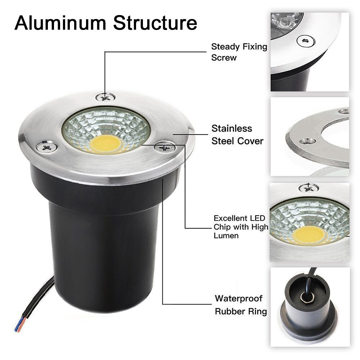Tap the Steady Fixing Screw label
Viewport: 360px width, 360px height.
(239, 52)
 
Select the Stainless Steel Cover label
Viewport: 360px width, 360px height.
(237, 135)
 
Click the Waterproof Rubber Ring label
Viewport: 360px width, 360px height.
(241, 305)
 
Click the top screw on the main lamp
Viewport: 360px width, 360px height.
(105, 96)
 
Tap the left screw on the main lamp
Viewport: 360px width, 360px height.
(46, 146)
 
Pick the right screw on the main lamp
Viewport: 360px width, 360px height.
(165, 147)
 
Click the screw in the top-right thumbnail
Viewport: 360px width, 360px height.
(306, 41)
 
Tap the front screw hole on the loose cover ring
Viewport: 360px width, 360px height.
(307, 141)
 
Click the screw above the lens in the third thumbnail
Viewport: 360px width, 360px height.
(309, 188)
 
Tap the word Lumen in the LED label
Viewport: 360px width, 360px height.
(226, 235)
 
